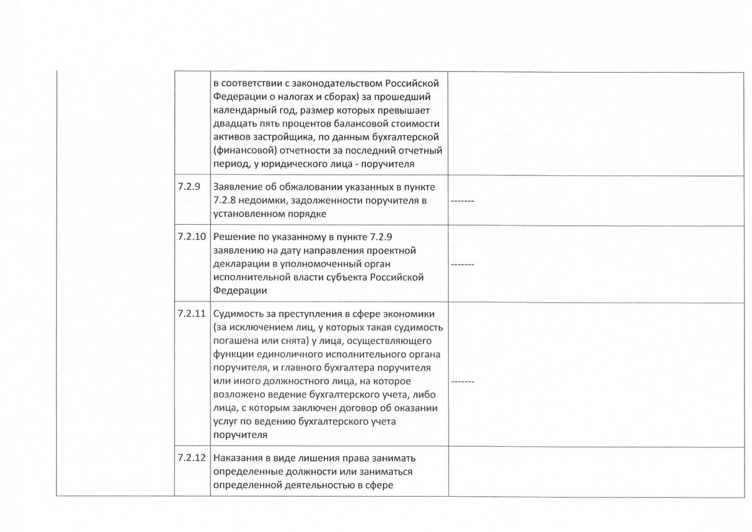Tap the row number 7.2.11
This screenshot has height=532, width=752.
(x=191, y=313)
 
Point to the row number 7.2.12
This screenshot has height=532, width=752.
(x=191, y=457)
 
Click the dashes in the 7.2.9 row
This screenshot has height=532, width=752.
(x=462, y=201)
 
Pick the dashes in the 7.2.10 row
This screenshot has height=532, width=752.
(x=462, y=264)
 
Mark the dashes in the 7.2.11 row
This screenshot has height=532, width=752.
(x=462, y=381)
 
